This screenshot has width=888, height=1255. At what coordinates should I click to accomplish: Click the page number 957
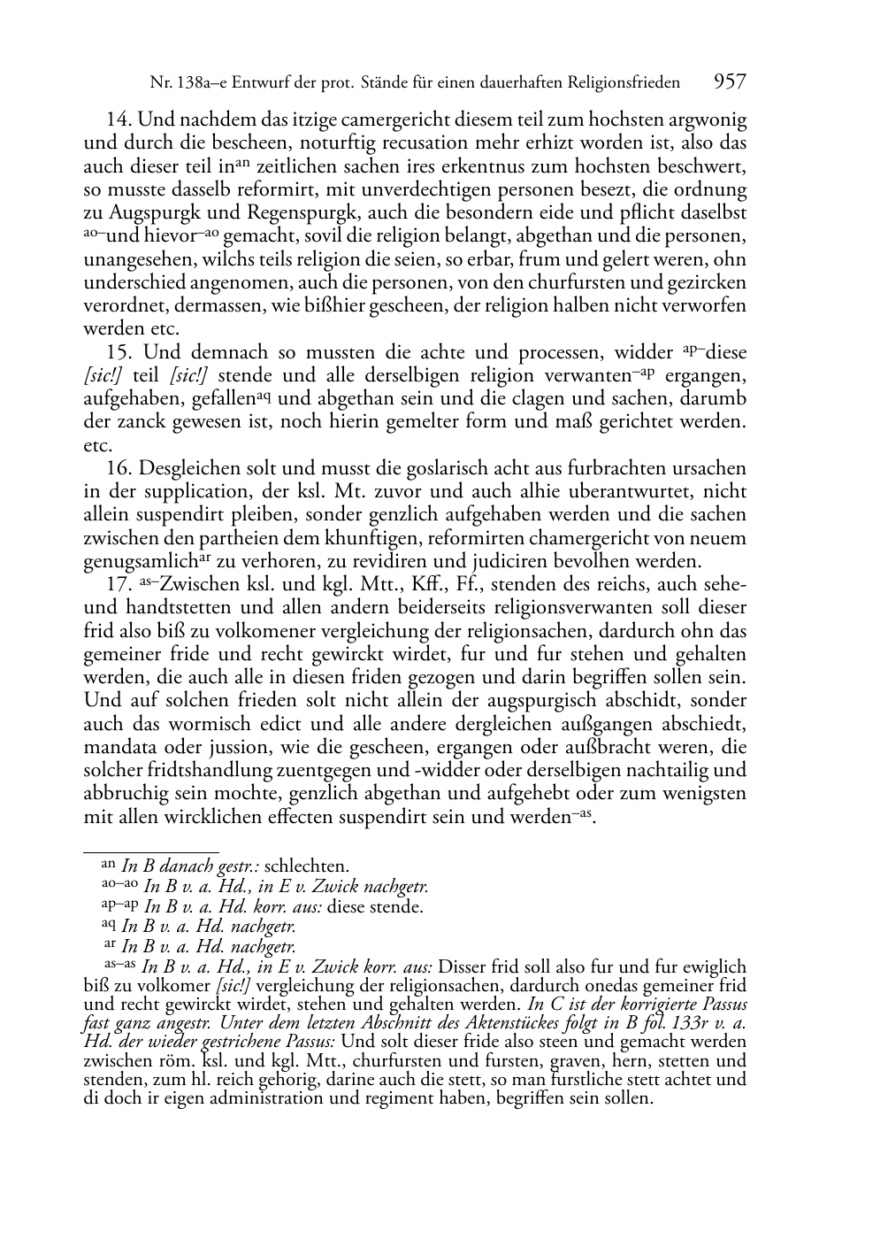[x=730, y=82]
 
